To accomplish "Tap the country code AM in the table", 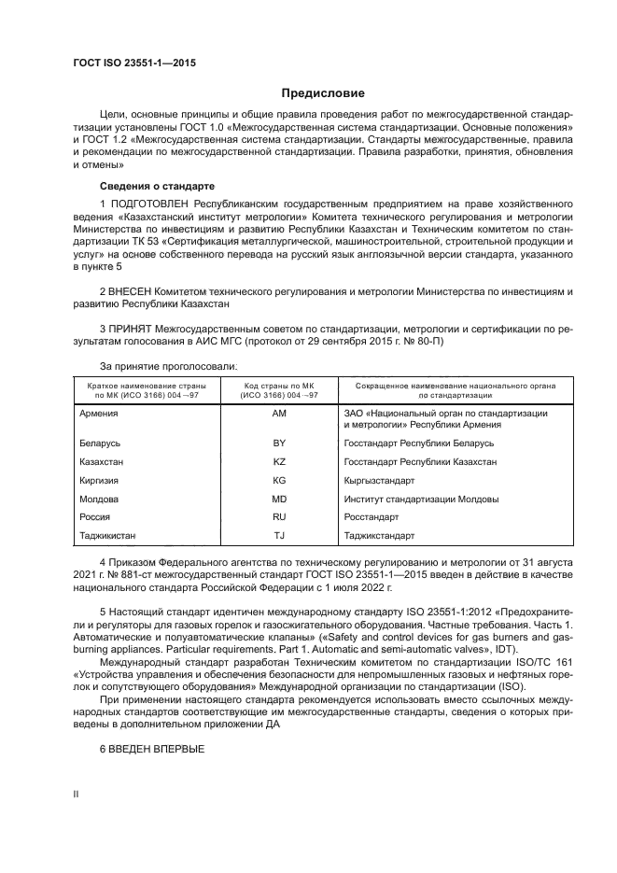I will point(278,413).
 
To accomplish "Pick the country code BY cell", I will point(278,443).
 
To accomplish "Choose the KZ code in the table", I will point(278,461).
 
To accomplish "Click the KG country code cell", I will point(278,480).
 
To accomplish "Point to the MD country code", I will point(278,499).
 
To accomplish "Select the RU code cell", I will point(278,516).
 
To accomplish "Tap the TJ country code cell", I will point(278,536).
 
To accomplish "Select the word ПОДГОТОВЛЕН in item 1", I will point(150,204).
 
